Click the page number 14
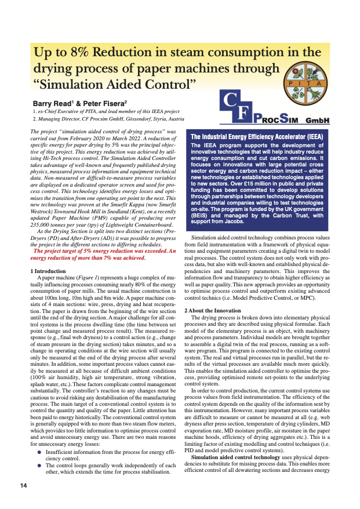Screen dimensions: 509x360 point(23,485)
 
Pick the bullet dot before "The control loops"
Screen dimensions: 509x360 point(39,465)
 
